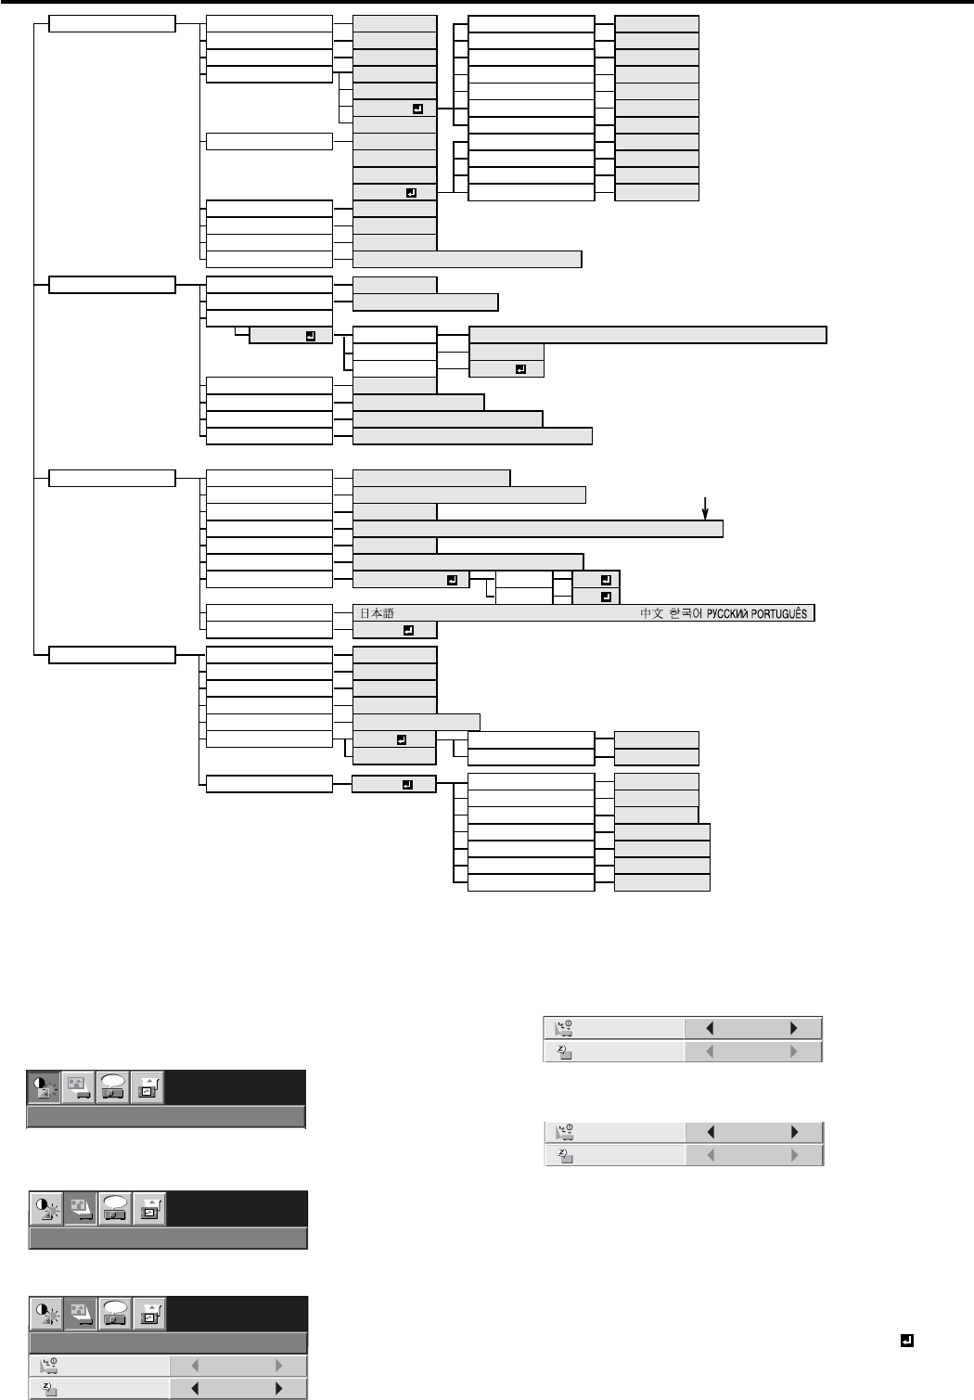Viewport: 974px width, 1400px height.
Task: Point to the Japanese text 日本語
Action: [377, 614]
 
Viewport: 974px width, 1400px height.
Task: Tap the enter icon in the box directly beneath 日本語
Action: [408, 631]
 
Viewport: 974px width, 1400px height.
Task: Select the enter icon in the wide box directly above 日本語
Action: [452, 580]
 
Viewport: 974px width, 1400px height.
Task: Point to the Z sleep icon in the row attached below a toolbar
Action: [47, 1389]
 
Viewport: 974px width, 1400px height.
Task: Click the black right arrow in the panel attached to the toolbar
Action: [278, 1389]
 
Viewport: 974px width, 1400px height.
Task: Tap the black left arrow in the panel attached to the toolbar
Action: [194, 1389]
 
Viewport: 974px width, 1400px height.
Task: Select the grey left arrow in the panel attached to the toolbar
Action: [194, 1366]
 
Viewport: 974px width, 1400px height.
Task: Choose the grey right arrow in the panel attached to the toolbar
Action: [278, 1366]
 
